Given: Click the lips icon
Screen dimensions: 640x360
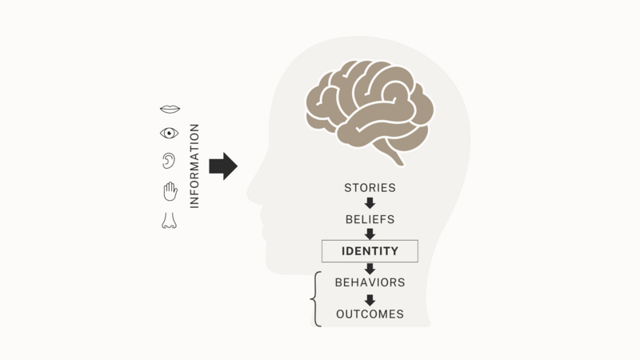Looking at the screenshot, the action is (170, 109).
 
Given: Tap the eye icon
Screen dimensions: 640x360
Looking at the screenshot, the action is (169, 133).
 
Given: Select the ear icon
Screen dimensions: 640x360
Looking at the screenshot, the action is (169, 161).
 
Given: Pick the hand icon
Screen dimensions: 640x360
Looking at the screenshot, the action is (170, 191).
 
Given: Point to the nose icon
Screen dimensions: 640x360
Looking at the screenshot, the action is (169, 221).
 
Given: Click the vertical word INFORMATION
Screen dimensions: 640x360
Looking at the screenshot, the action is (194, 166).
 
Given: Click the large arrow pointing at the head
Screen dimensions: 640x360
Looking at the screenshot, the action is (223, 166).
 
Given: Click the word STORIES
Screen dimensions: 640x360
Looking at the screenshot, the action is (370, 188).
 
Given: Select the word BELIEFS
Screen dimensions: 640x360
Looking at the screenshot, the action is (370, 219).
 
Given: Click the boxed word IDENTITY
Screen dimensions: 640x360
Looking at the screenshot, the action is (370, 251).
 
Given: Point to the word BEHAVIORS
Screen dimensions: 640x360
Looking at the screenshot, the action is (370, 282).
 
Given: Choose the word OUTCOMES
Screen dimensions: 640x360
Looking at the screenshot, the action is (370, 314).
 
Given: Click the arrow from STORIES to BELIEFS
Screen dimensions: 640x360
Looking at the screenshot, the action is (370, 203).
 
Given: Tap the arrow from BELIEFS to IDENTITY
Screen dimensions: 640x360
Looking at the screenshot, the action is (370, 234).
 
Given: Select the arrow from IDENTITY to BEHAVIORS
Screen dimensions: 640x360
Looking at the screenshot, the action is (370, 269).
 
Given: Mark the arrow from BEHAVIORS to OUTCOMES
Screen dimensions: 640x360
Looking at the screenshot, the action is (370, 300).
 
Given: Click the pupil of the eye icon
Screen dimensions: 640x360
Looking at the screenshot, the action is (169, 133).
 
